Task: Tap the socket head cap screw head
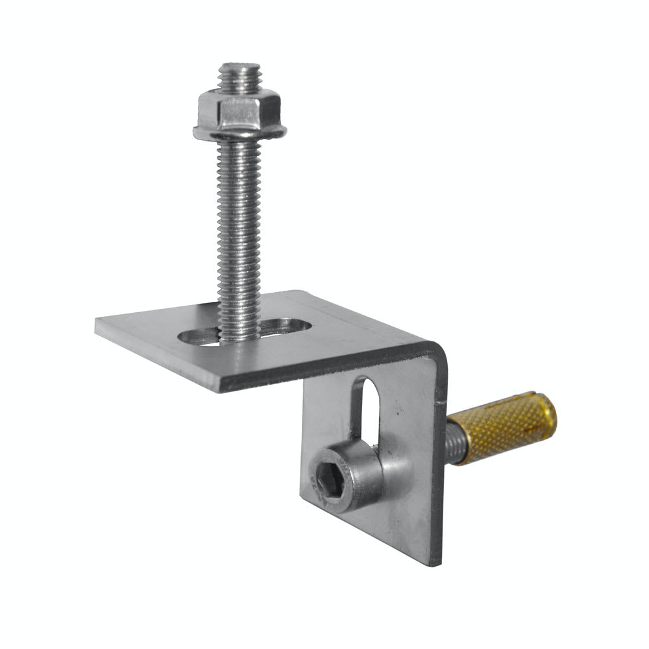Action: (x=344, y=480)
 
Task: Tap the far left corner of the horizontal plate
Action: (x=97, y=324)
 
